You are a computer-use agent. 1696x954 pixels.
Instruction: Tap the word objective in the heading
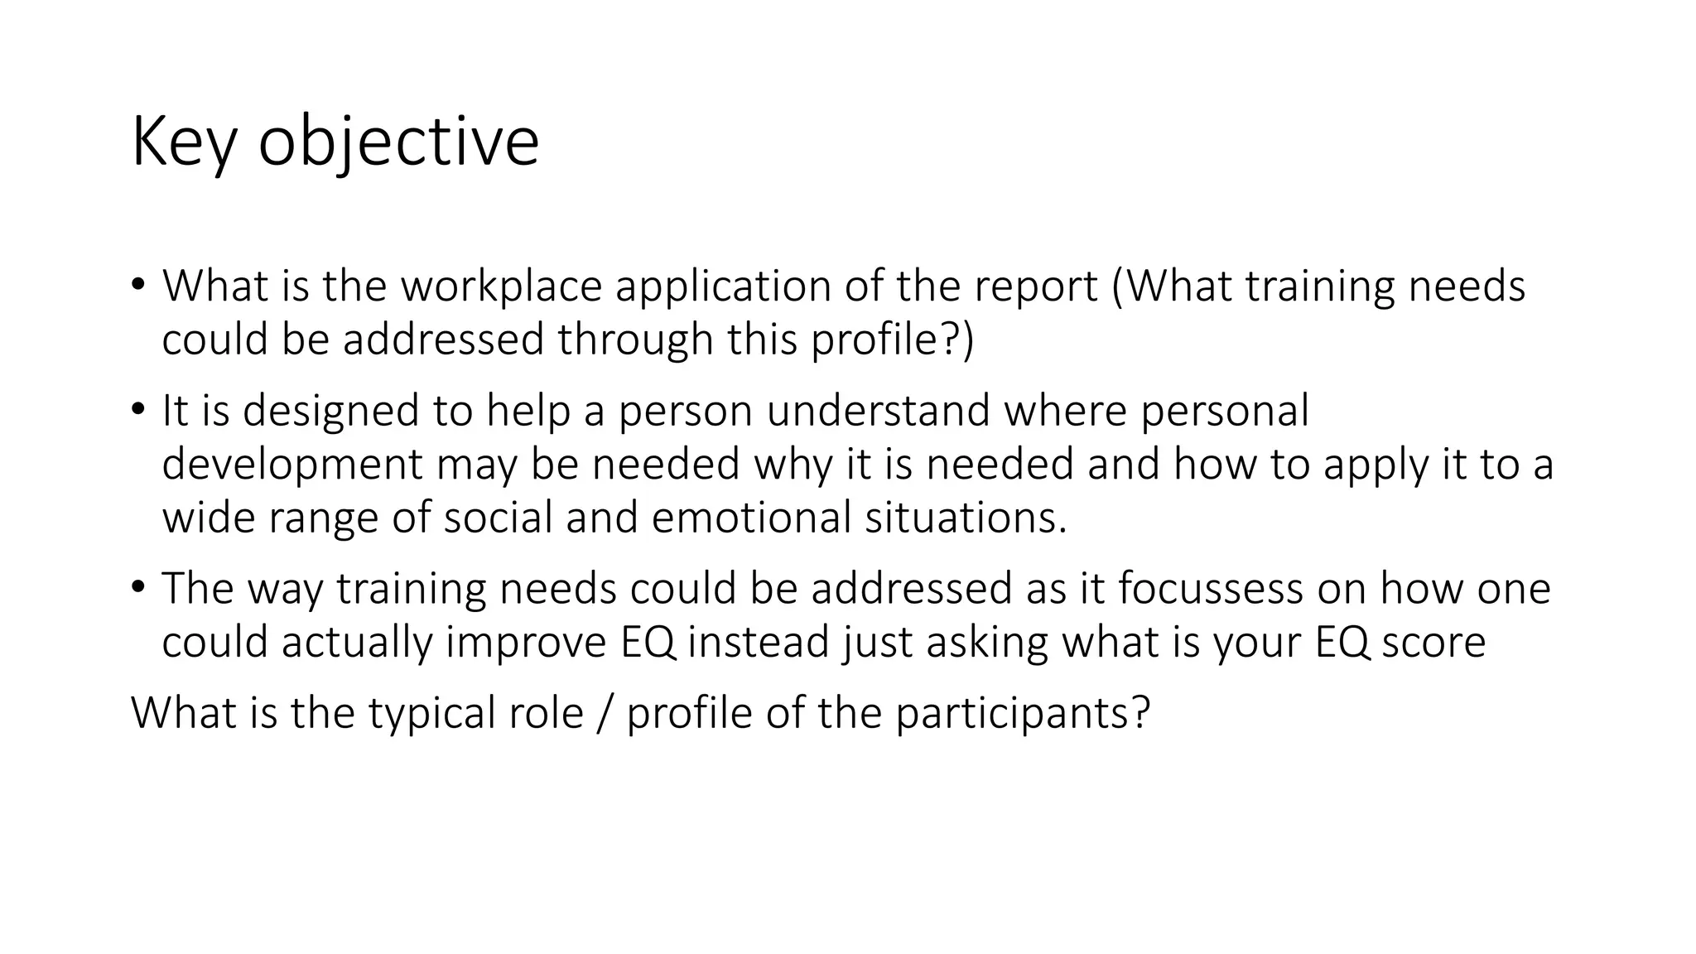tap(398, 142)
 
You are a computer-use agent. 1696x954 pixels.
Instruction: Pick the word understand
tap(878, 411)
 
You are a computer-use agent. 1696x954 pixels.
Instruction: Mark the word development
tap(292, 464)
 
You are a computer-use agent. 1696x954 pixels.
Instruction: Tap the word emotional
tap(751, 518)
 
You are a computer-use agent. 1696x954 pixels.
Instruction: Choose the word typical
tap(431, 713)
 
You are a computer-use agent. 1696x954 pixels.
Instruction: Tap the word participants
tap(1022, 713)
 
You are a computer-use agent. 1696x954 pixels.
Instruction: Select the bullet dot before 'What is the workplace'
tap(137, 284)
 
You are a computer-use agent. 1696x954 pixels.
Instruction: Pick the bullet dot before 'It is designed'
tap(137, 408)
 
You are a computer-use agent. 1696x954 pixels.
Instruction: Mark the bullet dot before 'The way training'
tap(137, 586)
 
